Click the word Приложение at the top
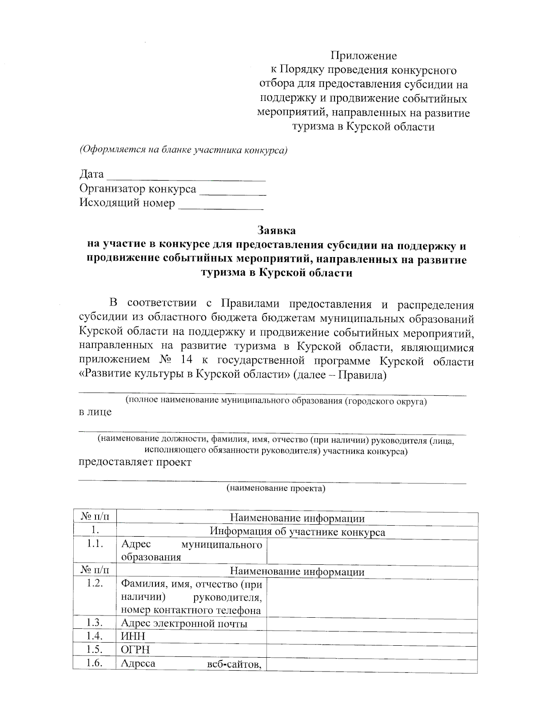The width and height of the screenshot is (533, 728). click(363, 56)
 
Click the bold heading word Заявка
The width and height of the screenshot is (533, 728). click(276, 230)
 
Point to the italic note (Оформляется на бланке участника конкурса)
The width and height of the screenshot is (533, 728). click(183, 150)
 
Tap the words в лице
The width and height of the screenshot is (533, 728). click(95, 412)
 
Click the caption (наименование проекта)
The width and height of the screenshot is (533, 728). click(276, 489)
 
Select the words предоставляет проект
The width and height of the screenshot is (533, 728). click(135, 462)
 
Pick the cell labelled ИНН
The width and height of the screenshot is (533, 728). click(133, 637)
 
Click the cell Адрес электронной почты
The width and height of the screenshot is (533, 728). click(184, 623)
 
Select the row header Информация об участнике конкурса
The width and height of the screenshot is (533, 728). click(297, 532)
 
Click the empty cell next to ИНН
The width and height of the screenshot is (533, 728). click(372, 637)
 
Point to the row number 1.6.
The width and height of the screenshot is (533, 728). click(95, 664)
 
